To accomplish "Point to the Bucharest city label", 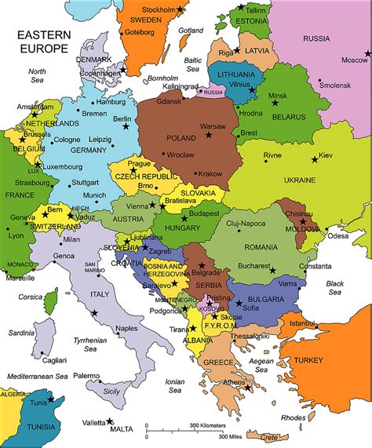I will coord(254,265).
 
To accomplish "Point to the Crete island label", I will coord(271,436).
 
